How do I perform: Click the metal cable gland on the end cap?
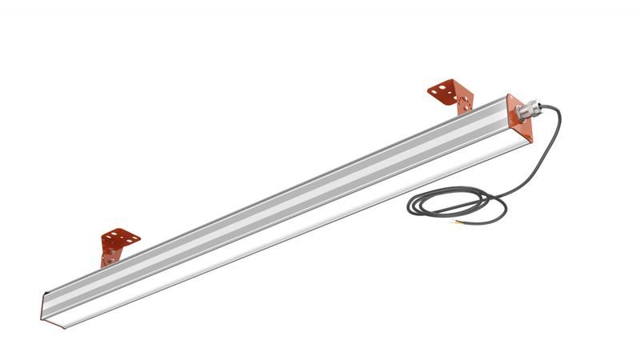[x=529, y=108]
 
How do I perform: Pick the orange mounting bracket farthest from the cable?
[x=118, y=245]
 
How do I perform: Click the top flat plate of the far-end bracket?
[x=120, y=238]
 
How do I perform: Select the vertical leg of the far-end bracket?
[x=110, y=257]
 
